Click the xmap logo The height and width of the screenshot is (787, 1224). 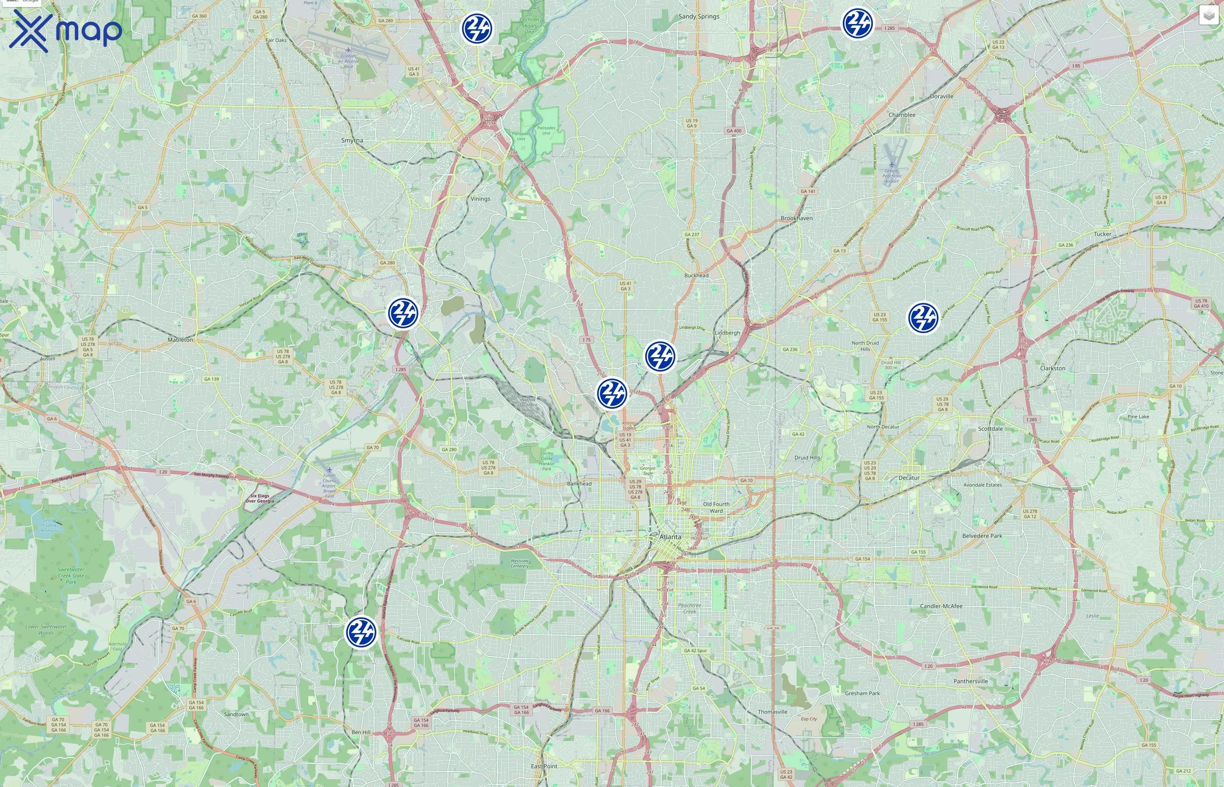pos(66,31)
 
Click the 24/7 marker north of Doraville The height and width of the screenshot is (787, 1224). pos(857,23)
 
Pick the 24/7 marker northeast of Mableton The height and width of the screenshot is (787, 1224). pos(403,313)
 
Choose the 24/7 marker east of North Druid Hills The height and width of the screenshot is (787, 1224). pos(923,317)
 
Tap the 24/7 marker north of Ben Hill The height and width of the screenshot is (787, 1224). pos(361,632)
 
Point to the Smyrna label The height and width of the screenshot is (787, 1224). pos(352,140)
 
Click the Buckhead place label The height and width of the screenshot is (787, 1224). pos(696,275)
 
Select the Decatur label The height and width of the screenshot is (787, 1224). pos(909,478)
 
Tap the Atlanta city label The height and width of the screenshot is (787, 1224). pos(670,537)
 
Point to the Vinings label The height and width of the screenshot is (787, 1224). pos(480,199)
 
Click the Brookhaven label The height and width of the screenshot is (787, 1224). pos(796,218)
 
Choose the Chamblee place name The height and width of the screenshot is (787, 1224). pos(902,115)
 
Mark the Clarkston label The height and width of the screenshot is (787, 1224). pos(1052,368)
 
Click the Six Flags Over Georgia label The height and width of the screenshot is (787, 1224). pos(260,498)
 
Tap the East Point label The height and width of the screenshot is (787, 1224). pos(544,766)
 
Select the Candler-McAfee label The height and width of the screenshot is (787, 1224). pos(941,606)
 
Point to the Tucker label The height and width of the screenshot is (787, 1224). pos(1102,234)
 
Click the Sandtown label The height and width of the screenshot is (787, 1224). pos(236,714)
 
